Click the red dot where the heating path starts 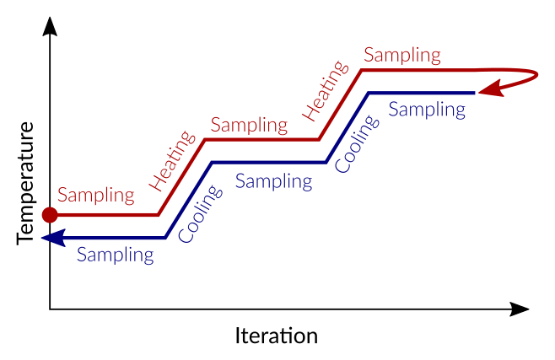click(x=50, y=215)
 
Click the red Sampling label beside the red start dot click(x=96, y=196)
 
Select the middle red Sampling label click(x=249, y=126)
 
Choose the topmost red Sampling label click(x=402, y=56)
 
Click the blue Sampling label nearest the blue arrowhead click(x=116, y=254)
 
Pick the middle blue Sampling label click(x=273, y=180)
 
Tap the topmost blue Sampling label click(x=427, y=110)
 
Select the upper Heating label click(x=325, y=90)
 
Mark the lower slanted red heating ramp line click(x=181, y=178)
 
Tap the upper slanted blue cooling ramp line click(x=347, y=126)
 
